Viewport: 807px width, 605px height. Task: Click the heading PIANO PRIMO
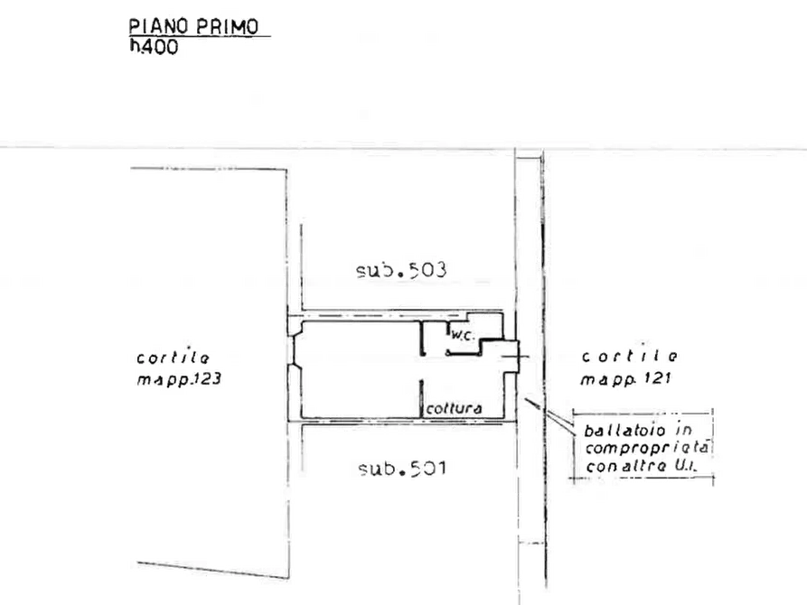coord(193,27)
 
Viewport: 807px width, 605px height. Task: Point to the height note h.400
coord(154,47)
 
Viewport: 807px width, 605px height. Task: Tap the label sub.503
coord(401,270)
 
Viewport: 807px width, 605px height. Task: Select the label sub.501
coord(402,469)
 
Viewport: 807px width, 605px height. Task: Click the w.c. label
coord(462,335)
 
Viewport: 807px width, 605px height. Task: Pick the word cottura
coord(454,408)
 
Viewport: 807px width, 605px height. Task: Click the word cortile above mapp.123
coord(173,358)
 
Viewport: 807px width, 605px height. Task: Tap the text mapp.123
coord(179,379)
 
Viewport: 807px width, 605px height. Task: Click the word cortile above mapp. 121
coord(630,356)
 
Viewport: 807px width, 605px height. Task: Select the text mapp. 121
coord(626,379)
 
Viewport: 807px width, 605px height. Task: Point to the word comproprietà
coord(647,448)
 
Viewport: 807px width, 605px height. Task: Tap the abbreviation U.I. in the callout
coord(686,466)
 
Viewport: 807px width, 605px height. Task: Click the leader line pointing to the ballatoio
coord(549,412)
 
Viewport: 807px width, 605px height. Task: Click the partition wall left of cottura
coord(421,399)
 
